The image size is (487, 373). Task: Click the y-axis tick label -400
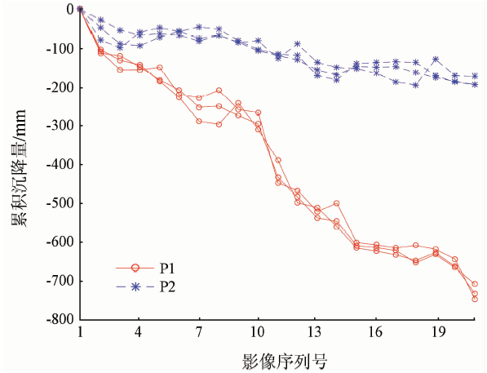tap(59, 164)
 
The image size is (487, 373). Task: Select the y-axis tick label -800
tap(59, 319)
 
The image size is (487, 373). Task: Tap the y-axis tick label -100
tap(59, 48)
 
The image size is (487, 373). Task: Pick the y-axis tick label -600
tap(59, 242)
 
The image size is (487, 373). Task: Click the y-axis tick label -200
tap(59, 87)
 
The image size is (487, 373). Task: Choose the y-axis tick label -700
tap(59, 281)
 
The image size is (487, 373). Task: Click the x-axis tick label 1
tap(80, 333)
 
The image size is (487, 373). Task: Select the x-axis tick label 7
tap(199, 333)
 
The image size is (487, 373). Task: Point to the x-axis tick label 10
tap(259, 333)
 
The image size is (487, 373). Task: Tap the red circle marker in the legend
tap(135, 267)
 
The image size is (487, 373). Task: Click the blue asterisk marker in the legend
tap(135, 286)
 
